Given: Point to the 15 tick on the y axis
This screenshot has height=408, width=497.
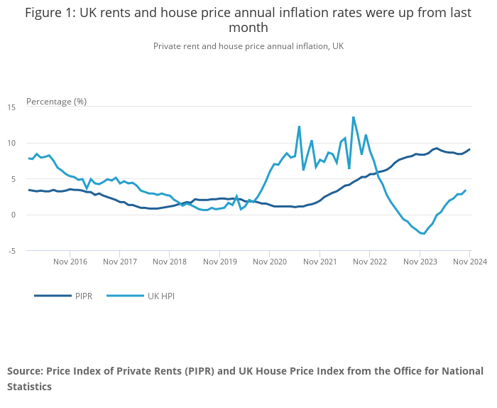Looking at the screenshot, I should (11, 107).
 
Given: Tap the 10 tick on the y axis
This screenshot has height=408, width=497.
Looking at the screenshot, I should (11, 143).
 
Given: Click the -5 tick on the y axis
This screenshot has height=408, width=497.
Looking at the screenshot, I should (11, 251).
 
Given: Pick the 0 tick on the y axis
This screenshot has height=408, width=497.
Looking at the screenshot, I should (13, 215).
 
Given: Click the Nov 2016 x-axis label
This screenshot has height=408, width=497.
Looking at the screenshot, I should (70, 262).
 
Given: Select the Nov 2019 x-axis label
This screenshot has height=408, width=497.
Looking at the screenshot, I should (220, 262).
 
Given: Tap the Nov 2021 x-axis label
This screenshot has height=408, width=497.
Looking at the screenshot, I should (320, 262).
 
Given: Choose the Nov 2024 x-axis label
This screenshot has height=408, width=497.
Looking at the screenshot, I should (470, 262).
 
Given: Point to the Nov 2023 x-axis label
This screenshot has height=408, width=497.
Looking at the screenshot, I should (420, 262).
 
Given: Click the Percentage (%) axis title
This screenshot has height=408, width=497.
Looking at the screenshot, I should (56, 101).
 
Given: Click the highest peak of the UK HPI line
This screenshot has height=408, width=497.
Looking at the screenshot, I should (354, 117).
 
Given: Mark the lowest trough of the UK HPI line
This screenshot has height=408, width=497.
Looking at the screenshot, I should (424, 234).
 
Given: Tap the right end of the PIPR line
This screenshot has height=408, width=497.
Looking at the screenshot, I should (469, 149).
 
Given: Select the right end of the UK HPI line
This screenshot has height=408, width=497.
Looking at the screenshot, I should (465, 190).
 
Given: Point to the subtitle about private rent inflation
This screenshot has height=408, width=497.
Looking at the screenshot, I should (248, 45).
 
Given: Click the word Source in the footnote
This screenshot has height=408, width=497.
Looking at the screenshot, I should (25, 371).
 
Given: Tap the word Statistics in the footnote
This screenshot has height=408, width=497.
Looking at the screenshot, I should (30, 387).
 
